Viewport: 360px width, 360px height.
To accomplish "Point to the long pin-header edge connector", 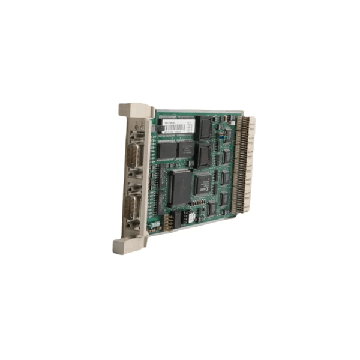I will point(244,162).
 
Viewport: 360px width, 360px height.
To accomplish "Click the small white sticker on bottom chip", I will point(191,218).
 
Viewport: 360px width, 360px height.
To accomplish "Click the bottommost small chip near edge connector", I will point(211,209).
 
